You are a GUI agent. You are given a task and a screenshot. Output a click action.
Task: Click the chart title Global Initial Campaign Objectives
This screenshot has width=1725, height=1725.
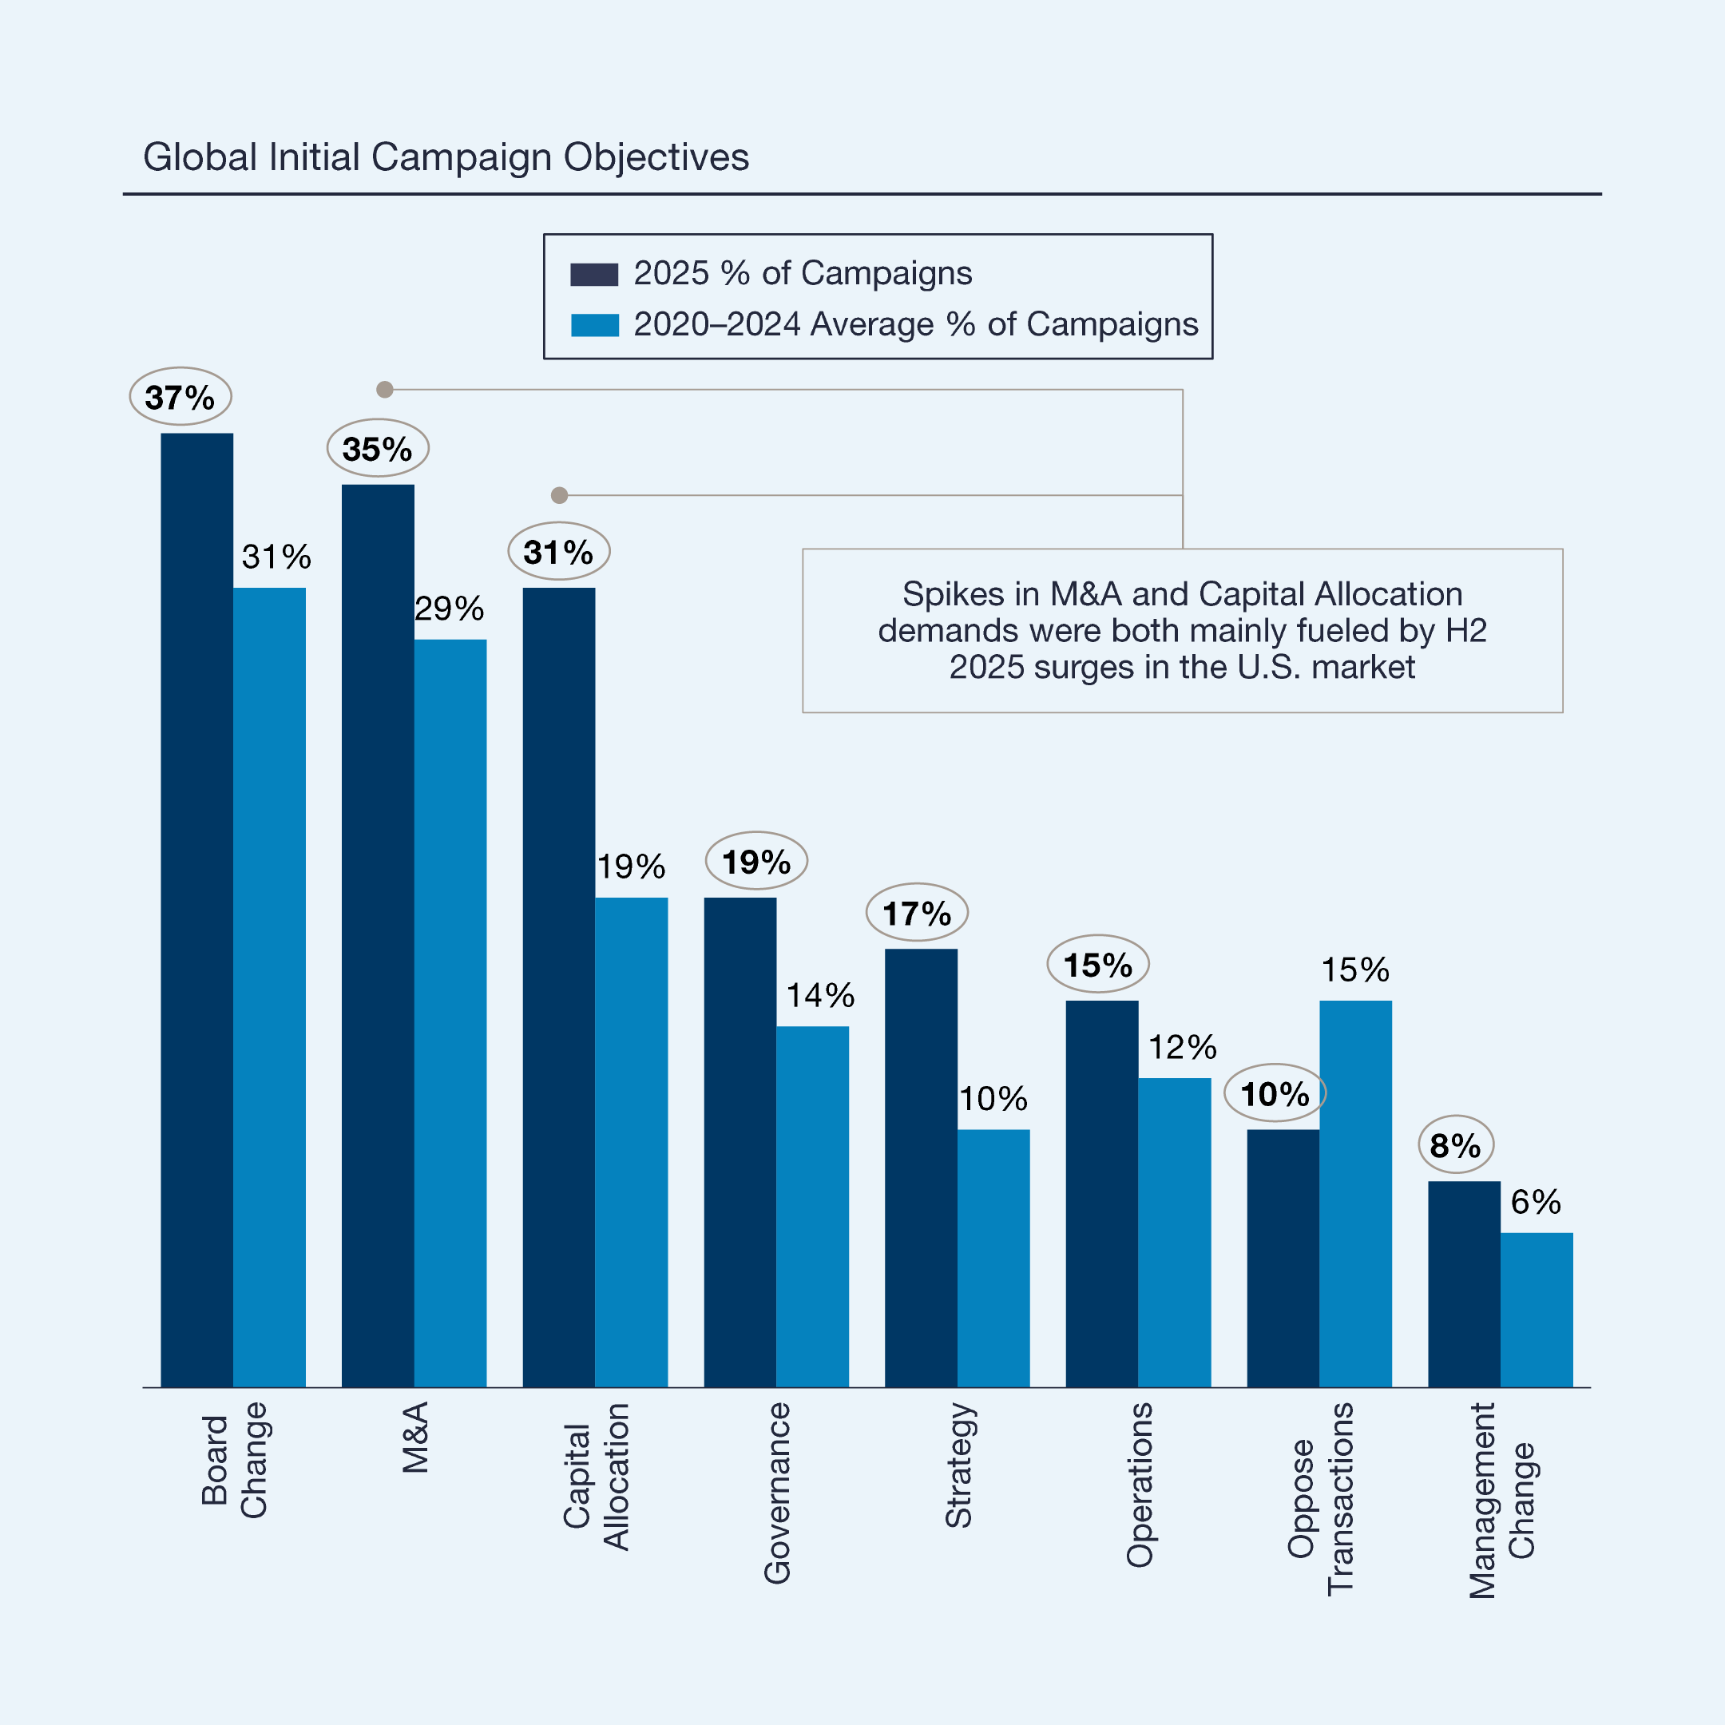pyautogui.click(x=446, y=157)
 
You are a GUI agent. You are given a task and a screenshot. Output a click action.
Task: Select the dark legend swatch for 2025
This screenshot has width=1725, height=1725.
pyautogui.click(x=593, y=274)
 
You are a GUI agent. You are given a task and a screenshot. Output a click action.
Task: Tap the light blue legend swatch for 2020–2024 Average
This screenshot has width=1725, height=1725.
pyautogui.click(x=593, y=325)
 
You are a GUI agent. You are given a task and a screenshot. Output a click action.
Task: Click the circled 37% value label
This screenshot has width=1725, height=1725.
pyautogui.click(x=180, y=396)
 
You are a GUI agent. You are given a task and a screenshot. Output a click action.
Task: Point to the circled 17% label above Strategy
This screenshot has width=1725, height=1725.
pyautogui.click(x=917, y=914)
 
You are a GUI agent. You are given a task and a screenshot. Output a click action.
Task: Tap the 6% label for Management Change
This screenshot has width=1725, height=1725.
pyautogui.click(x=1536, y=1202)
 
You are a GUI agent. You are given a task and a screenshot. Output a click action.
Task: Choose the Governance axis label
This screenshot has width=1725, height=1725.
pyautogui.click(x=777, y=1493)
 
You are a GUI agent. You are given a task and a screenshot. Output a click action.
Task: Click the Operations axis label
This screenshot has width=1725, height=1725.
pyautogui.click(x=1140, y=1485)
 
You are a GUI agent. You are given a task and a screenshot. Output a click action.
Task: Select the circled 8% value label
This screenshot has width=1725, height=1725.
pyautogui.click(x=1455, y=1144)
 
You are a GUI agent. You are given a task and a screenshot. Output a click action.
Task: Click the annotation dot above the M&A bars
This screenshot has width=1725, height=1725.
pyautogui.click(x=385, y=389)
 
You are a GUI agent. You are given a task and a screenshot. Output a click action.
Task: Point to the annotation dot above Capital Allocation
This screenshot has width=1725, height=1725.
pyautogui.click(x=559, y=494)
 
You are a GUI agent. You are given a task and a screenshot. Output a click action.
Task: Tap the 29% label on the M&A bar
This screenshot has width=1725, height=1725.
pyautogui.click(x=449, y=609)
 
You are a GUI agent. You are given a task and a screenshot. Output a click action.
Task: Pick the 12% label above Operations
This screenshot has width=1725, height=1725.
pyautogui.click(x=1182, y=1047)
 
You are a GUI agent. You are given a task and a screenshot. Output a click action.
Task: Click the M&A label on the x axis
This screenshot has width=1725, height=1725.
pyautogui.click(x=415, y=1437)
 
